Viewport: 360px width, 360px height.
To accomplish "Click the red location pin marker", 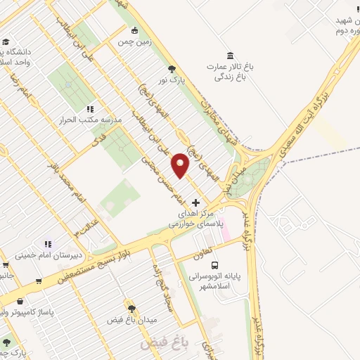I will click(181, 164).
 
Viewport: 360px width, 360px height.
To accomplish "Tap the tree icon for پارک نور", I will click(172, 68).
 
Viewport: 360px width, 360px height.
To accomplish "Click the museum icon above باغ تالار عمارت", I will click(230, 56).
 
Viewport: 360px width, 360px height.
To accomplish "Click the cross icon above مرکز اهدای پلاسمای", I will click(195, 202).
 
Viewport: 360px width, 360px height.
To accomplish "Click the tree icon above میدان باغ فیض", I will click(131, 307).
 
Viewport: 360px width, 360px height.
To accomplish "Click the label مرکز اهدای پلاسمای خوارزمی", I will click(195, 217).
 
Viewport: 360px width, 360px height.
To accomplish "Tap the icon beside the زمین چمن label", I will click(134, 30).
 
